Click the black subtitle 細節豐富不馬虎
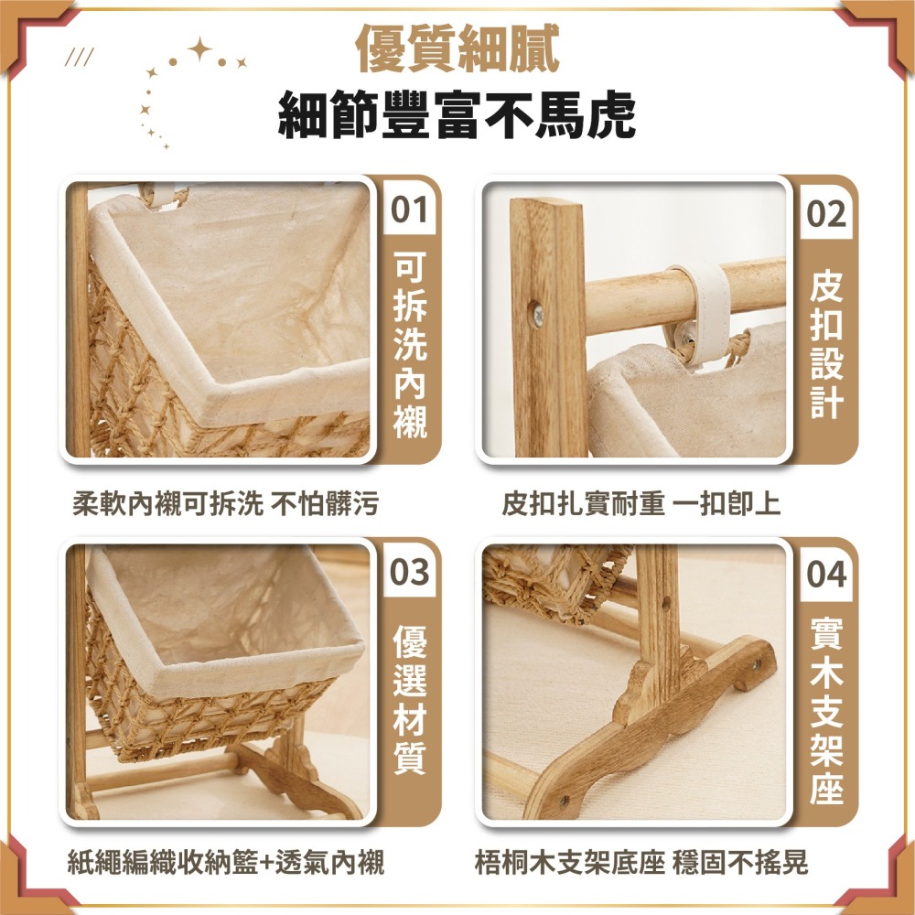point(457,115)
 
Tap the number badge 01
point(409,211)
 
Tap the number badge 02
point(826,215)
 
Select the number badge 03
point(409,574)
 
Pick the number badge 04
point(826,576)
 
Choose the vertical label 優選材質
point(410,700)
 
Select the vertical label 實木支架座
point(826,709)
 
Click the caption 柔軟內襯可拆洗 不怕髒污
point(225,502)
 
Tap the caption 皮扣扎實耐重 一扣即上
point(640,502)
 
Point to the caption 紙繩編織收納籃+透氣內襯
point(226,862)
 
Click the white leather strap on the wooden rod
point(705,307)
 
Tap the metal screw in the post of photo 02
point(538,315)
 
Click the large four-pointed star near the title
point(199,50)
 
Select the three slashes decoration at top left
point(81,60)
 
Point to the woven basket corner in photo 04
point(549,581)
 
